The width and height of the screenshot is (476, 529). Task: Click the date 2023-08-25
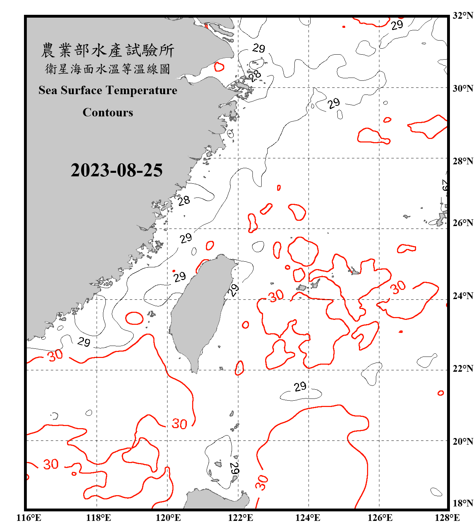pyautogui.click(x=116, y=170)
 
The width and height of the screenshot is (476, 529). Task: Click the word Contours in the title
pyautogui.click(x=108, y=113)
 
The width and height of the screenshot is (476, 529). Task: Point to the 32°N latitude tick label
pyautogui.click(x=463, y=16)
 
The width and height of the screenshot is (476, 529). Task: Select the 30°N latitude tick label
pyautogui.click(x=463, y=89)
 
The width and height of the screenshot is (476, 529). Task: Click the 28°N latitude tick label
pyautogui.click(x=463, y=161)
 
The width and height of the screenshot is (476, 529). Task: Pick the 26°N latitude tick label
pyautogui.click(x=463, y=223)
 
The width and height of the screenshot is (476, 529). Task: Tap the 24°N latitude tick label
pyautogui.click(x=463, y=296)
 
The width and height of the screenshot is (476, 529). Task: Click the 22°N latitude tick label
pyautogui.click(x=463, y=369)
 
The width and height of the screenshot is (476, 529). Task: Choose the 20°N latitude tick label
pyautogui.click(x=463, y=441)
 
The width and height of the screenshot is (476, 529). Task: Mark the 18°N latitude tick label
pyautogui.click(x=463, y=503)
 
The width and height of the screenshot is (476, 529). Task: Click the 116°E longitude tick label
pyautogui.click(x=29, y=518)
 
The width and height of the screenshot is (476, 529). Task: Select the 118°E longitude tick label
pyautogui.click(x=98, y=518)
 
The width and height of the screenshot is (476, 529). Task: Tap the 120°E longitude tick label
pyautogui.click(x=168, y=518)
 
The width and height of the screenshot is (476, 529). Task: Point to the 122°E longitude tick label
pyautogui.click(x=240, y=518)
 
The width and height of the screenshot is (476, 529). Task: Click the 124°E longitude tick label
pyautogui.click(x=308, y=518)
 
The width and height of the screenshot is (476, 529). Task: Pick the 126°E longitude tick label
pyautogui.click(x=380, y=518)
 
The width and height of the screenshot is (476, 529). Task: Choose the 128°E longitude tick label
pyautogui.click(x=447, y=518)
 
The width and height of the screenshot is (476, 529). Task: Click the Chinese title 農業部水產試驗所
pyautogui.click(x=108, y=50)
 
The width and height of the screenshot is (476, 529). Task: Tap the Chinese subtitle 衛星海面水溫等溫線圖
pyautogui.click(x=108, y=69)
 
